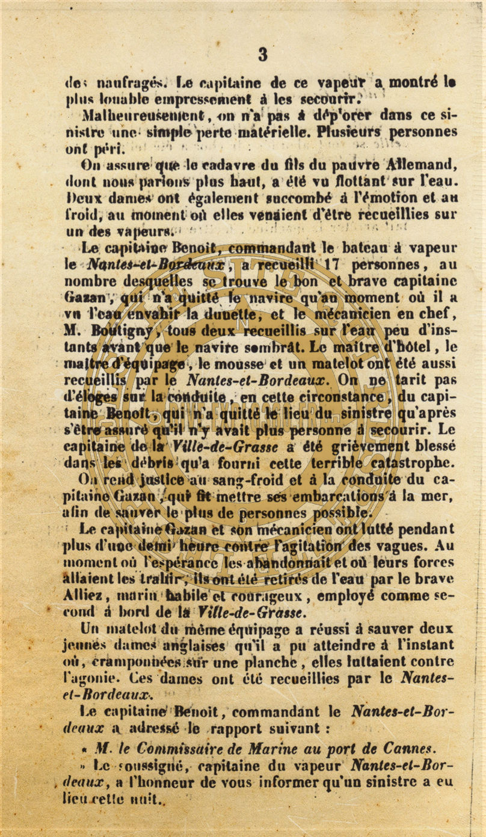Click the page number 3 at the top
click(263, 55)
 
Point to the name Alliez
click(84, 596)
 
